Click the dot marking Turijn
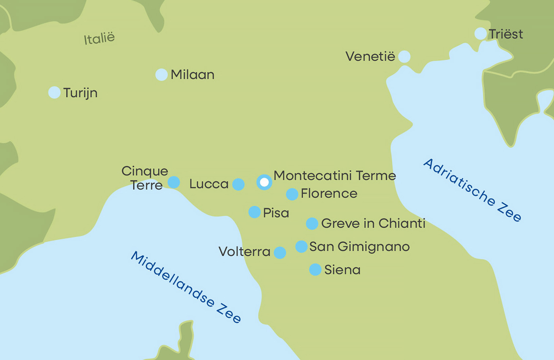54,92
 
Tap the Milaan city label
192,75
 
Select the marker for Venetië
404,57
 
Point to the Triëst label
506,34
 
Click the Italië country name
99,38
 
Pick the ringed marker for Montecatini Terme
264,182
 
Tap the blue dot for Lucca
238,184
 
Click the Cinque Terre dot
174,182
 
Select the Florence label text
329,193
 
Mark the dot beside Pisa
254,212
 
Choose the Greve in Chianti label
373,224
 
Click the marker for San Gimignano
302,246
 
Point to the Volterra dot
280,252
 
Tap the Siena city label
342,270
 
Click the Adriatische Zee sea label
472,190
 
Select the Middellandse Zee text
186,287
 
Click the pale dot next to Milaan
161,74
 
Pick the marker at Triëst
480,34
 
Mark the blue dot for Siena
315,269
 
